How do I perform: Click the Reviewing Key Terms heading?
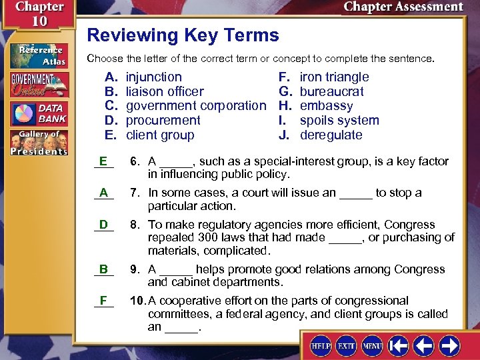(183, 35)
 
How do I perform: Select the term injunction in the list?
(153, 77)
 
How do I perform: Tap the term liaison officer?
(165, 91)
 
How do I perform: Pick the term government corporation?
(195, 105)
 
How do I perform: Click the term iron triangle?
(334, 77)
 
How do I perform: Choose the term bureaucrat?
(331, 91)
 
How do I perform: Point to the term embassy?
(326, 105)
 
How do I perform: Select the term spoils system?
(339, 121)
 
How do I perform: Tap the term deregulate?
(331, 135)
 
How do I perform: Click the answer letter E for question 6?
(103, 161)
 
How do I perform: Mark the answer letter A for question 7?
(103, 193)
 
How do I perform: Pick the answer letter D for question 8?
(103, 225)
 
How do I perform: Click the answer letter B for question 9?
(103, 269)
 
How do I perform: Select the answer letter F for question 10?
(103, 301)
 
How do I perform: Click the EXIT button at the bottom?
(345, 347)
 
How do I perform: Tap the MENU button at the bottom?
(371, 347)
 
